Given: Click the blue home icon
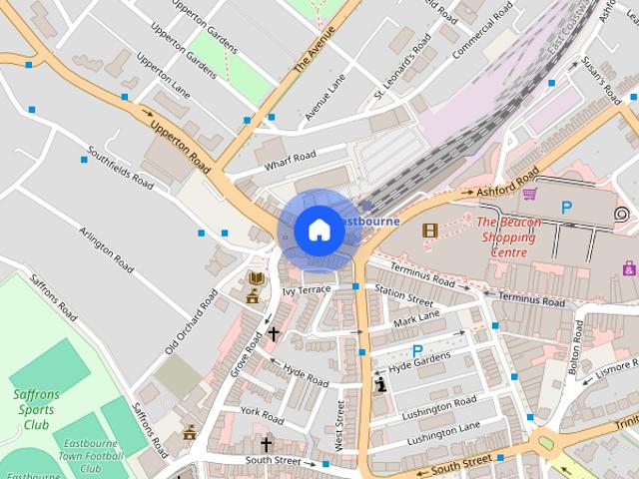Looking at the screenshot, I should coord(319,231).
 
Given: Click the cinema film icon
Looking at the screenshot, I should coord(430,231).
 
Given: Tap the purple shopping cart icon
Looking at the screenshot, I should coord(530,194).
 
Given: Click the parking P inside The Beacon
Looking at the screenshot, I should coord(566,208).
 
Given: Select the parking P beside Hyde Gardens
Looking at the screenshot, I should coord(417,350).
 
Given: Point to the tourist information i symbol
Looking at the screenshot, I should coord(379,383).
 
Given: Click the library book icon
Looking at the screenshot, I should coord(257,277).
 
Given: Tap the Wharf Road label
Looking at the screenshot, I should coord(292,156).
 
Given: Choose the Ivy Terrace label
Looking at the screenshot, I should coord(306,289).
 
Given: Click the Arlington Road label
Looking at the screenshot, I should coord(106,248).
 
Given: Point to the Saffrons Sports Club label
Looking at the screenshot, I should coord(37,409).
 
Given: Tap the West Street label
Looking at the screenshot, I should coord(340,425).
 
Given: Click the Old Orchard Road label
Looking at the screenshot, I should coord(191,321).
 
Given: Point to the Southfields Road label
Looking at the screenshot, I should coord(120,169).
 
